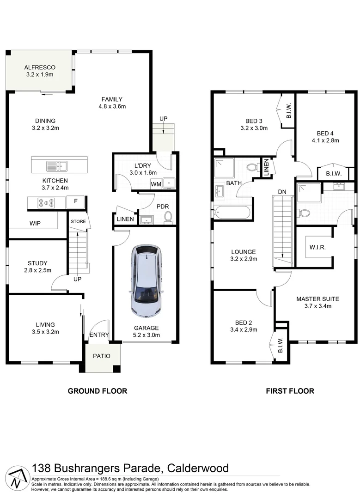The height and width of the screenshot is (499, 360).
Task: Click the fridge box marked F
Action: (x=76, y=202)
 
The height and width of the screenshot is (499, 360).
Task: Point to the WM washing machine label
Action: (x=156, y=184)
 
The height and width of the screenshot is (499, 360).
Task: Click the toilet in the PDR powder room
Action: (x=168, y=217)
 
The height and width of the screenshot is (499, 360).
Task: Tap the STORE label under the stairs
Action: (x=78, y=222)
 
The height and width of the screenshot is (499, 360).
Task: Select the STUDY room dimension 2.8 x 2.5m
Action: (x=38, y=270)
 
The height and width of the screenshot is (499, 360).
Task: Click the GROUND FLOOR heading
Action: (x=98, y=391)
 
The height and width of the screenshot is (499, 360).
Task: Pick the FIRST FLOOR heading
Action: (x=290, y=391)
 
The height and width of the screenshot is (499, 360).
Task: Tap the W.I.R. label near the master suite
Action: (x=318, y=247)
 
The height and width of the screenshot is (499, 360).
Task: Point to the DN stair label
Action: (x=282, y=192)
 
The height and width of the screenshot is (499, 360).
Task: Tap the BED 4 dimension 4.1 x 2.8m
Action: (x=326, y=140)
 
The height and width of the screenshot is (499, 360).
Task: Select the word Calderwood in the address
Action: (x=198, y=468)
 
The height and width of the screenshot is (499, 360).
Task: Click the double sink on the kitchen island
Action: (x=56, y=165)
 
